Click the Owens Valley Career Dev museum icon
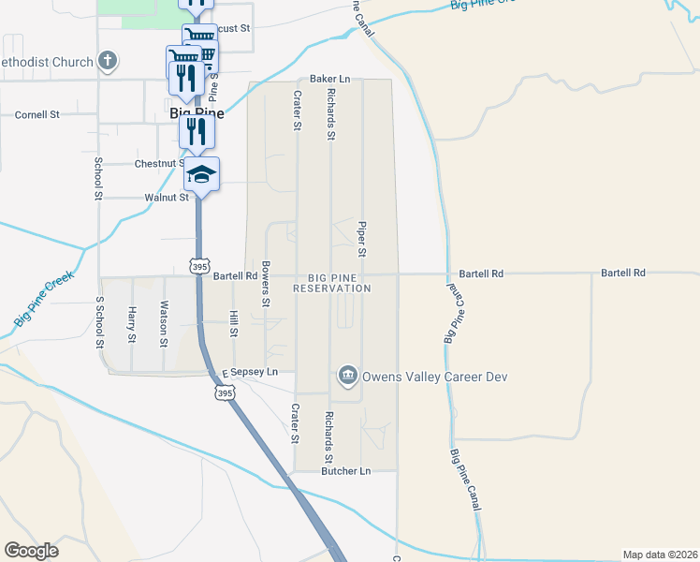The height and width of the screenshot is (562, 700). pyautogui.click(x=347, y=377)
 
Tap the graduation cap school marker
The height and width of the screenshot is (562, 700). pyautogui.click(x=201, y=173)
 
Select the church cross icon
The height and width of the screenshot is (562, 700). pyautogui.click(x=108, y=62)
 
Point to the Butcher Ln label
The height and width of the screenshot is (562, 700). pyautogui.click(x=346, y=471)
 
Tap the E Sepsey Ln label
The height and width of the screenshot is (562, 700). pyautogui.click(x=250, y=372)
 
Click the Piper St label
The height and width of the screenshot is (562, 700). pyautogui.click(x=361, y=239)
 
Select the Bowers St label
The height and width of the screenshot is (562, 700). pyautogui.click(x=266, y=284)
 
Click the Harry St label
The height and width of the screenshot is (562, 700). pyautogui.click(x=133, y=324)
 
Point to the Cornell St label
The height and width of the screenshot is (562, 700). pyautogui.click(x=37, y=114)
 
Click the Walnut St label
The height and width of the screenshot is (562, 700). pyautogui.click(x=167, y=198)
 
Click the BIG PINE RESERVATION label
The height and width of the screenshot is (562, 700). pyautogui.click(x=332, y=283)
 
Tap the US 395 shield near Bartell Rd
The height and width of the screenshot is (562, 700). pyautogui.click(x=198, y=267)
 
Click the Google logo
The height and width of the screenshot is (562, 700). pyautogui.click(x=31, y=551)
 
